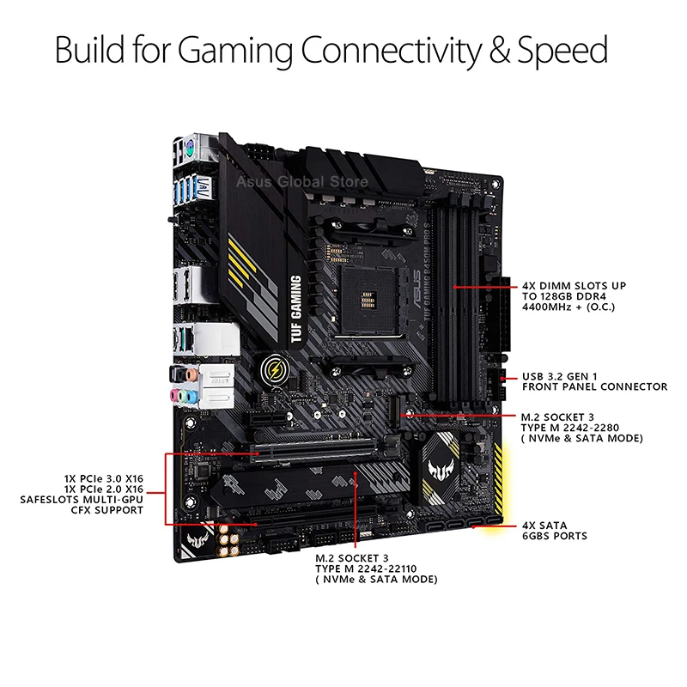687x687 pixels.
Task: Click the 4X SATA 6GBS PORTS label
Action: pyautogui.click(x=554, y=530)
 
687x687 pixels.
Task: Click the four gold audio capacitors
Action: pyautogui.click(x=228, y=538)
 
